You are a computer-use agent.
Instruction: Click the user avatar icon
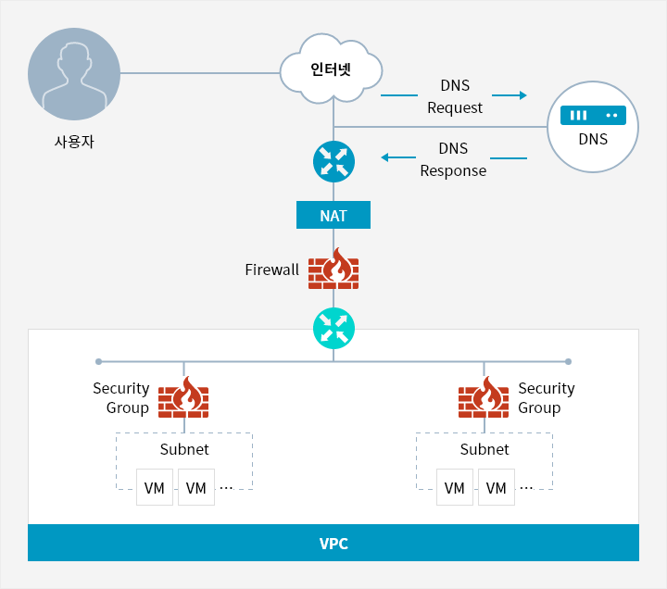(74, 74)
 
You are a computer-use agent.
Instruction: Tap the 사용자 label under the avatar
(74, 142)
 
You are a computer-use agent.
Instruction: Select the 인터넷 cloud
(331, 69)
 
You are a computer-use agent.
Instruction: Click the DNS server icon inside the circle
(593, 115)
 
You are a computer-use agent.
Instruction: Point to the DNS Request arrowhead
(523, 95)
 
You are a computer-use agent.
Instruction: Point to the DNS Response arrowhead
(384, 157)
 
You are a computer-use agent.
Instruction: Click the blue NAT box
(333, 215)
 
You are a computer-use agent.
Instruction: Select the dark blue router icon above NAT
(333, 161)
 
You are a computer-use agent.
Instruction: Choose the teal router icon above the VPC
(333, 329)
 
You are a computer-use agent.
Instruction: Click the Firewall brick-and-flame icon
(333, 269)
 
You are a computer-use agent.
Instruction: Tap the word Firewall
(271, 269)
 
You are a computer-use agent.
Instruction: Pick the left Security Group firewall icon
(183, 397)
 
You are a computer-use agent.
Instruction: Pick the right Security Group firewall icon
(484, 397)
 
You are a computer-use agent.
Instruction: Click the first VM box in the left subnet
(155, 487)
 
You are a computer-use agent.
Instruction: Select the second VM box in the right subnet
(497, 487)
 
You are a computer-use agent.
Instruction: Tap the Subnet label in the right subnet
(485, 449)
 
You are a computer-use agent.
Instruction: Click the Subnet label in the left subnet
(184, 449)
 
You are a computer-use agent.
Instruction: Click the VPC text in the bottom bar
(333, 544)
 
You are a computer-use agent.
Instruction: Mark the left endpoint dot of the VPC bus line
(99, 361)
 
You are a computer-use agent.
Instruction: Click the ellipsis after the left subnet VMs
(227, 488)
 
